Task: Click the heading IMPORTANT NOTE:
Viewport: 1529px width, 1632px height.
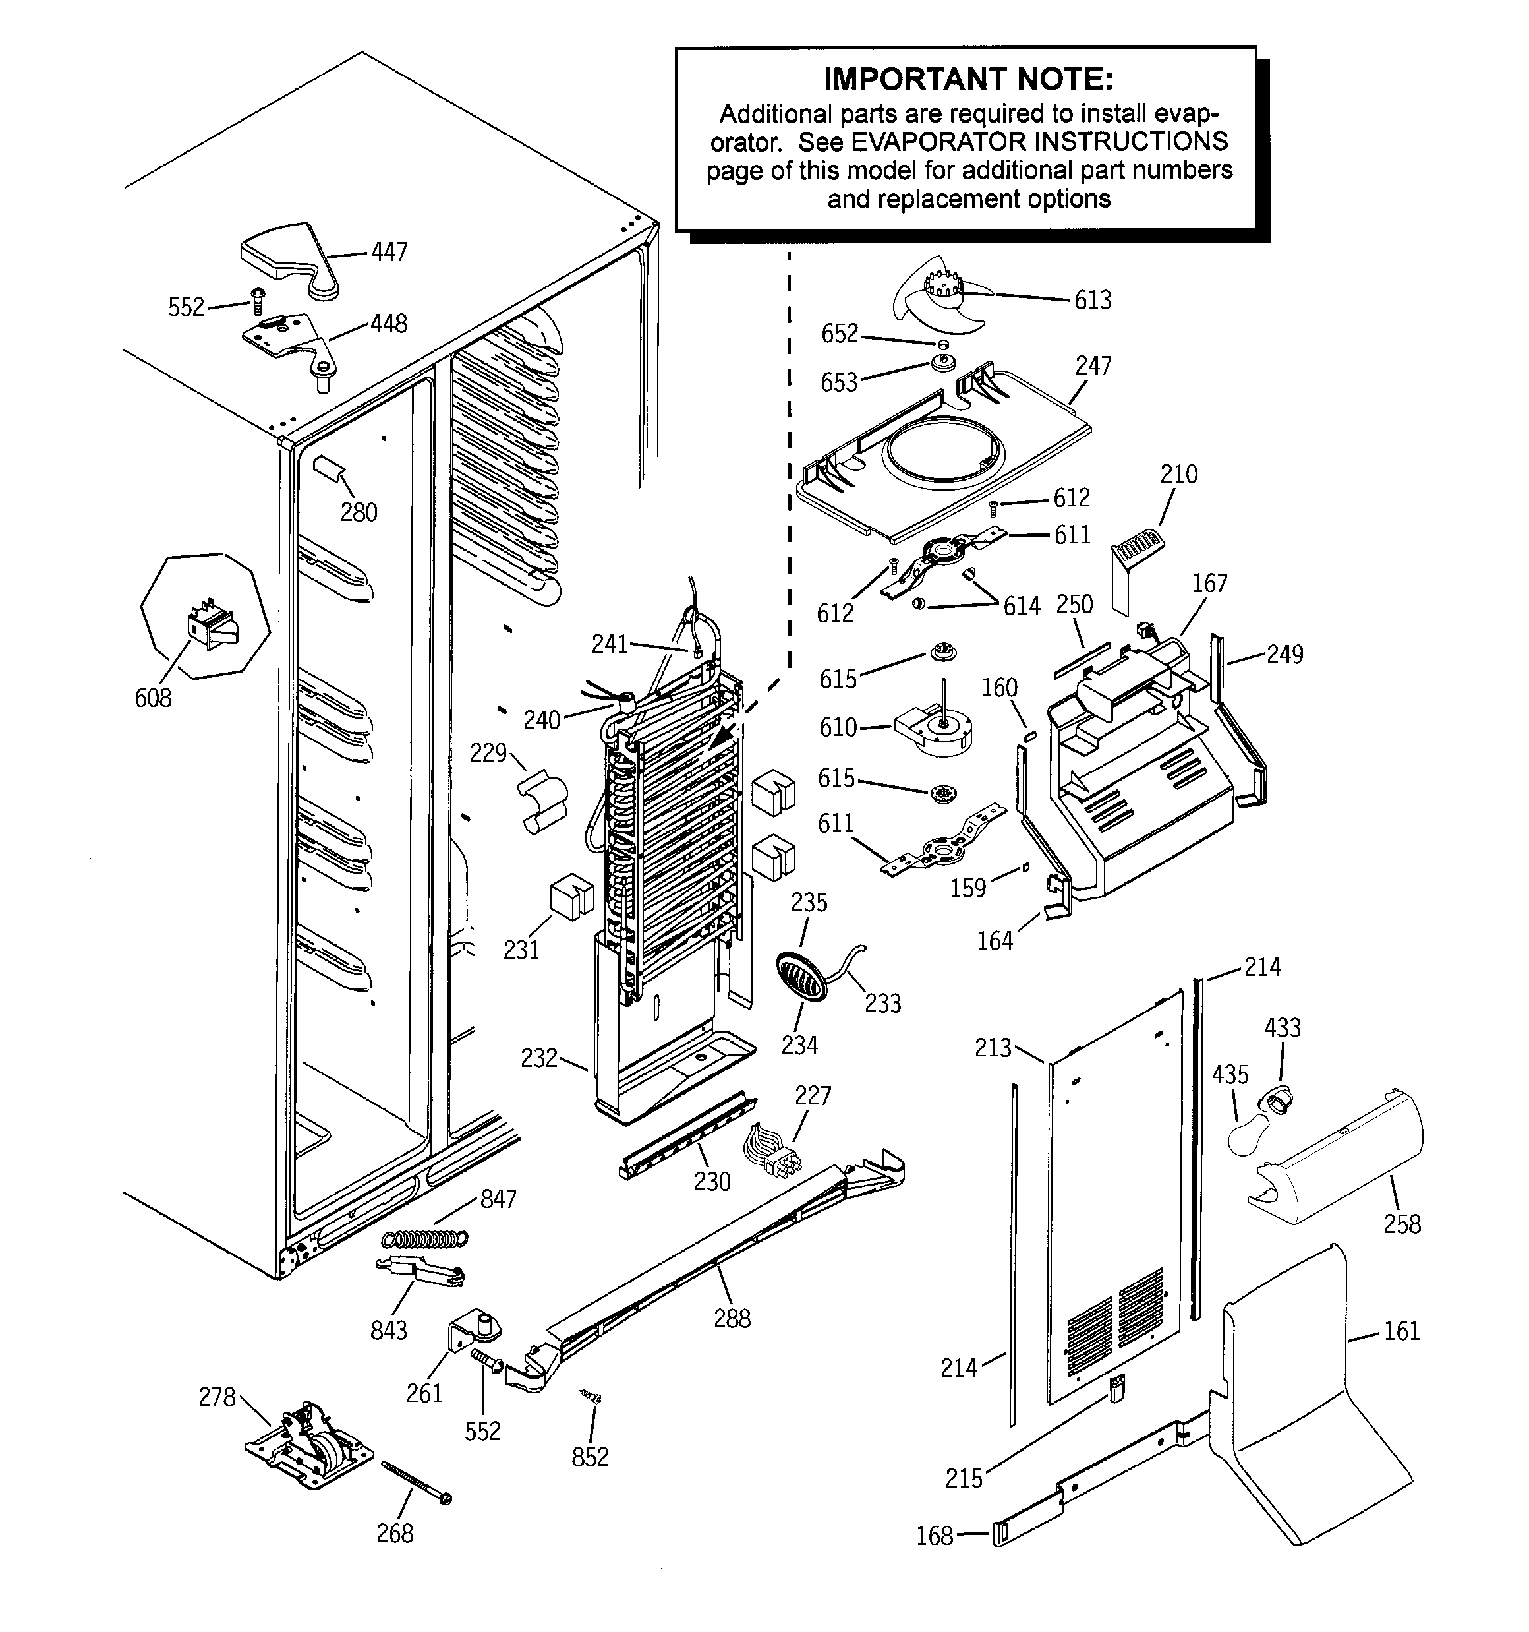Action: [968, 80]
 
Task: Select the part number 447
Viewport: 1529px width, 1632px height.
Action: [389, 251]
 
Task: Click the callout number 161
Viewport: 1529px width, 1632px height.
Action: [1402, 1331]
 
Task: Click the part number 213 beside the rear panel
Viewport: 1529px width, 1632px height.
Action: [993, 1048]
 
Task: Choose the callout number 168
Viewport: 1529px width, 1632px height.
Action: [934, 1535]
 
